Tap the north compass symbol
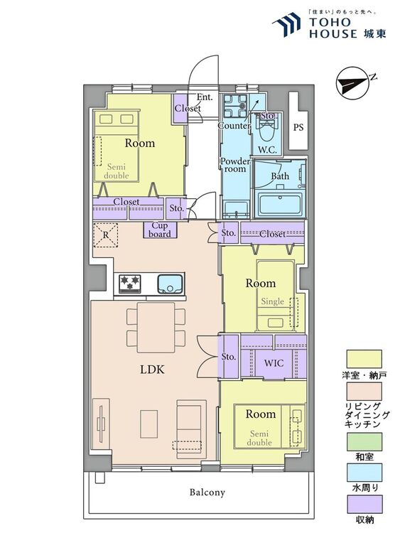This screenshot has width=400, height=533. (x=352, y=83)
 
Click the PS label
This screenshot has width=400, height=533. (x=298, y=127)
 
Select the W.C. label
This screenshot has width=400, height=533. (x=267, y=149)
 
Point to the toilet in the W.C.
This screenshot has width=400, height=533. (x=268, y=132)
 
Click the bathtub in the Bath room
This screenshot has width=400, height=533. (x=280, y=204)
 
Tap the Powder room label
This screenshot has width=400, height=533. (x=235, y=165)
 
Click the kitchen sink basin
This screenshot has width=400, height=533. (x=170, y=284)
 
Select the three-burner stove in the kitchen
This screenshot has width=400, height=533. (x=129, y=284)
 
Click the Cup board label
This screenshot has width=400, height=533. (x=160, y=230)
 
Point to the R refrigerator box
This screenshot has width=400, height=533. (x=106, y=235)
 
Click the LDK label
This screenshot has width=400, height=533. (x=152, y=370)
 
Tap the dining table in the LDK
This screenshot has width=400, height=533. (x=156, y=328)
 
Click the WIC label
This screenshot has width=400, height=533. (x=274, y=363)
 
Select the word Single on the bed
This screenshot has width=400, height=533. (x=273, y=301)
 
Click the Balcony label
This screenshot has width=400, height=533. (x=207, y=492)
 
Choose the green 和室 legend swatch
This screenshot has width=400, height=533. (x=364, y=441)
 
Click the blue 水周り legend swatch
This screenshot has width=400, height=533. (x=364, y=473)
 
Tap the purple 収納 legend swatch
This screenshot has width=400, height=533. (x=364, y=504)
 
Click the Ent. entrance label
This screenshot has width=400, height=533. (x=205, y=97)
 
